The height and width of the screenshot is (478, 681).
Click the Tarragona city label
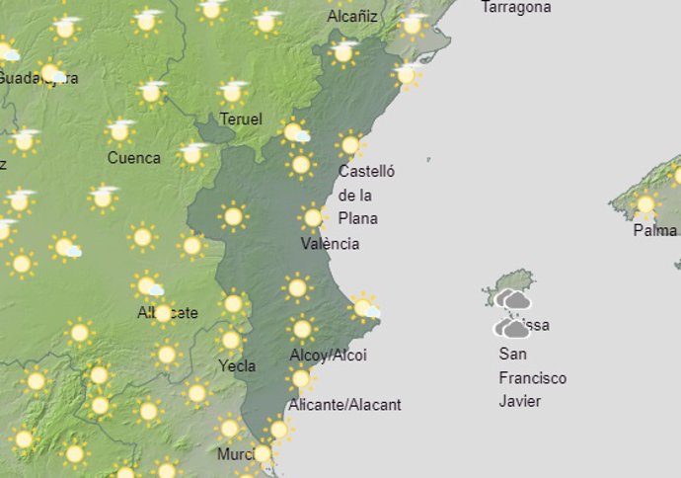(x=515, y=8)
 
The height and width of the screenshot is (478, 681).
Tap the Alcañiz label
(x=352, y=16)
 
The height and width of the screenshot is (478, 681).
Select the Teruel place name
(x=242, y=119)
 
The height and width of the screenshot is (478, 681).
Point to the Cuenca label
(x=133, y=158)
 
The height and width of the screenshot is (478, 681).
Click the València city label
(x=331, y=244)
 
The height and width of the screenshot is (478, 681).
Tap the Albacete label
(x=168, y=313)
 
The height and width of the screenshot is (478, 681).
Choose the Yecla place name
(x=237, y=365)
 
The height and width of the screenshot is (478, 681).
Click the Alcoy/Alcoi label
(x=328, y=356)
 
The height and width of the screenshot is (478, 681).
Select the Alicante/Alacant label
(x=344, y=405)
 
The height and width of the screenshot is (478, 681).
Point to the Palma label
(x=654, y=231)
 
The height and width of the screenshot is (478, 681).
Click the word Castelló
(x=366, y=171)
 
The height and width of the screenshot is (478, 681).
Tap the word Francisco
(x=532, y=378)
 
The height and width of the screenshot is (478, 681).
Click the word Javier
(x=520, y=401)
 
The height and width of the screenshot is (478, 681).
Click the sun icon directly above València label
(x=313, y=216)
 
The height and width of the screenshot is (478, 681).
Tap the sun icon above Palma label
(x=645, y=205)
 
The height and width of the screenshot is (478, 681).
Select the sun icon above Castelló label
(x=350, y=145)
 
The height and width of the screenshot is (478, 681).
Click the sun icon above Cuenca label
(x=120, y=130)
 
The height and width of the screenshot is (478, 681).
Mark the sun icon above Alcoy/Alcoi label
(x=302, y=329)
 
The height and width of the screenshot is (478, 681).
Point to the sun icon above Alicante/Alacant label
(x=300, y=378)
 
